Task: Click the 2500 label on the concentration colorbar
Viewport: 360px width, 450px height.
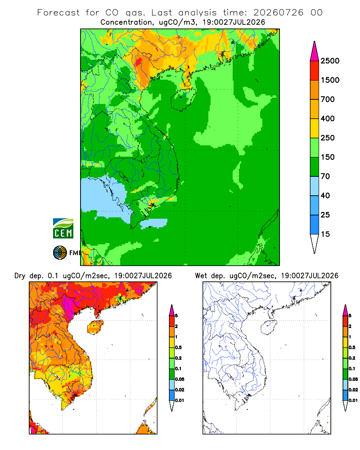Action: (330, 61)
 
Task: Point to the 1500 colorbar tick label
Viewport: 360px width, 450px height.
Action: (330, 80)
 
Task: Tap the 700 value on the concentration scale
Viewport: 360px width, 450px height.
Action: (328, 99)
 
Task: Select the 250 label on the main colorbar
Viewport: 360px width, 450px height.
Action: (328, 138)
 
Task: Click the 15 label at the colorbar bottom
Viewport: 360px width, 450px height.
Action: (325, 234)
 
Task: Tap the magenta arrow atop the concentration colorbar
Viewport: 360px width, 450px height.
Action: (315, 52)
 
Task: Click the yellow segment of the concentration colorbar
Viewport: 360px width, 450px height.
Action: (315, 128)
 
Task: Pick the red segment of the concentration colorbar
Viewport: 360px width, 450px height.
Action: (315, 71)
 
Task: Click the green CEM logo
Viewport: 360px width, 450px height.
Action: (63, 229)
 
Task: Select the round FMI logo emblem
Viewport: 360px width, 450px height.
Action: (60, 253)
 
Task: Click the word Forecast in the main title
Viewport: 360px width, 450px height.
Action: (58, 13)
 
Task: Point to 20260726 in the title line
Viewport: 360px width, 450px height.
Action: (278, 13)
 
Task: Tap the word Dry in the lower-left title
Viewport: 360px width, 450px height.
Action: (20, 276)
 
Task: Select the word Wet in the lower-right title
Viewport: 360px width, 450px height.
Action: (201, 276)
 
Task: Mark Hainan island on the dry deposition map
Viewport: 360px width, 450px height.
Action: (95, 327)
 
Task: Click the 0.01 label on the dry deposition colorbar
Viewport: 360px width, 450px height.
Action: (180, 400)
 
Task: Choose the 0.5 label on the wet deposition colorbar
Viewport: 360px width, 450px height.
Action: (352, 347)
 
